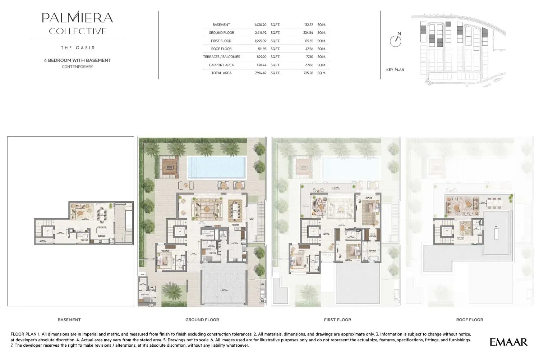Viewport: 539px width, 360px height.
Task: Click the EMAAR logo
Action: click(508, 342)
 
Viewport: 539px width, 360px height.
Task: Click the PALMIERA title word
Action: click(77, 17)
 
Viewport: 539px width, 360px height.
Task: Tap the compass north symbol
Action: click(396, 40)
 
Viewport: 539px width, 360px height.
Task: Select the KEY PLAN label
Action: click(395, 70)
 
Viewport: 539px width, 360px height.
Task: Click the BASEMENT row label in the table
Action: click(221, 25)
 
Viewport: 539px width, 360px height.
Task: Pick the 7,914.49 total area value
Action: click(260, 73)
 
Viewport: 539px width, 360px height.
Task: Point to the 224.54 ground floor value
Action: click(308, 33)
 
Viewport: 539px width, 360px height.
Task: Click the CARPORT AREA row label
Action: click(221, 65)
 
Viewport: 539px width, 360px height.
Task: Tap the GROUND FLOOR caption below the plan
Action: click(202, 320)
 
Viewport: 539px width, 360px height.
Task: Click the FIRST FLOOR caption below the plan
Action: click(337, 320)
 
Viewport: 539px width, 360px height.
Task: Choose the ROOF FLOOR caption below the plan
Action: click(469, 320)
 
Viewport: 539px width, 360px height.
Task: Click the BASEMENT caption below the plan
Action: click(69, 320)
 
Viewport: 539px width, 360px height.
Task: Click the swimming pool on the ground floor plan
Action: click(217, 167)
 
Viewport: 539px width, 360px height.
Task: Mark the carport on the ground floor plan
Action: click(224, 288)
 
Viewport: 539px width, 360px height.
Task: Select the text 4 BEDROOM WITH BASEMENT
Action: click(77, 60)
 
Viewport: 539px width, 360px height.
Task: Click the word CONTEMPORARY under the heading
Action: click(77, 67)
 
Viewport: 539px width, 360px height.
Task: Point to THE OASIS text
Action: click(78, 48)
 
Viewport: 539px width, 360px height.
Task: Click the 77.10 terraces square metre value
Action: click(309, 57)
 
